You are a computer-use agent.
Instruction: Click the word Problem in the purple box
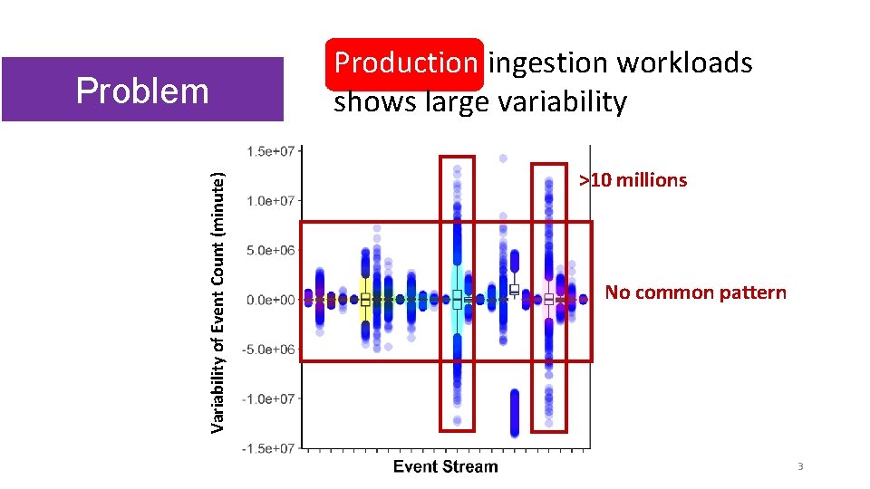pyautogui.click(x=142, y=91)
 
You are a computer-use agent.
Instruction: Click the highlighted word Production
pyautogui.click(x=406, y=62)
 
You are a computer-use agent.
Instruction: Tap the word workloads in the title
pyautogui.click(x=685, y=62)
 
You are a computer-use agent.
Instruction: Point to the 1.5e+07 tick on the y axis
pyautogui.click(x=269, y=151)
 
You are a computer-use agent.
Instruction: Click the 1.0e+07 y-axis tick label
pyautogui.click(x=269, y=200)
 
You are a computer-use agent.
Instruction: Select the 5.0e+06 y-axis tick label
pyautogui.click(x=269, y=250)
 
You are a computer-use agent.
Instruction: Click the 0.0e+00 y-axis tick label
pyautogui.click(x=269, y=300)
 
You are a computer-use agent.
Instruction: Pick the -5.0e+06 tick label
pyautogui.click(x=267, y=350)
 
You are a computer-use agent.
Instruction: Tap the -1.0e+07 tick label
pyautogui.click(x=267, y=398)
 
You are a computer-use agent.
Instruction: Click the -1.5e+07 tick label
pyautogui.click(x=267, y=448)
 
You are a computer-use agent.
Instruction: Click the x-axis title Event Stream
pyautogui.click(x=445, y=467)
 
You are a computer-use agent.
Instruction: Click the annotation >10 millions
pyautogui.click(x=633, y=180)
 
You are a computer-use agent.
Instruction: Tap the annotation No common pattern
pyautogui.click(x=695, y=292)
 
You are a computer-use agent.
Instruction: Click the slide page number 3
pyautogui.click(x=800, y=466)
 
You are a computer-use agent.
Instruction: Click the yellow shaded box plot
pyautogui.click(x=365, y=298)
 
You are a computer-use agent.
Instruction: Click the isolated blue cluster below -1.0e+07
pyautogui.click(x=515, y=412)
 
